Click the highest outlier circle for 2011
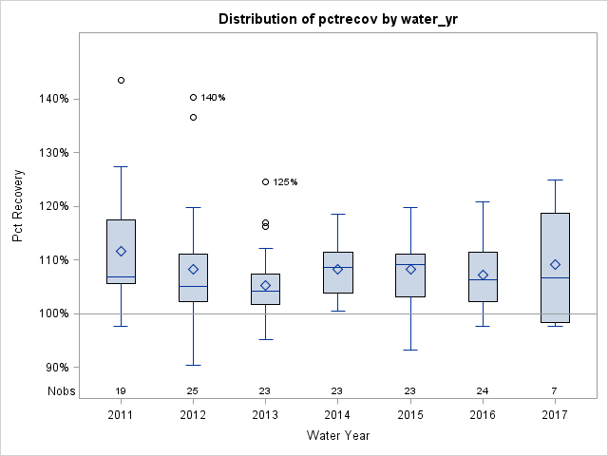pyautogui.click(x=121, y=80)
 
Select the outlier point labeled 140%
pyautogui.click(x=193, y=97)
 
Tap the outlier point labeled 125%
pyautogui.click(x=265, y=181)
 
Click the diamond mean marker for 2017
pyautogui.click(x=555, y=264)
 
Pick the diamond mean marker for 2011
pyautogui.click(x=121, y=251)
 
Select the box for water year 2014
pyautogui.click(x=337, y=273)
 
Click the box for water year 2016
pyautogui.click(x=483, y=276)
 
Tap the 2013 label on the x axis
pyautogui.click(x=265, y=416)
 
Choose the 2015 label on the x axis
pyautogui.click(x=410, y=416)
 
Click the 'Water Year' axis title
pyautogui.click(x=338, y=435)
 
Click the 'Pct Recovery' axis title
pyautogui.click(x=19, y=206)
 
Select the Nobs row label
pyautogui.click(x=58, y=390)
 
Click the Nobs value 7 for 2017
pyautogui.click(x=555, y=390)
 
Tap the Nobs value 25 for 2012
pyautogui.click(x=193, y=390)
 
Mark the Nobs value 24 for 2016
pyautogui.click(x=483, y=390)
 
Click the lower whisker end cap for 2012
pyautogui.click(x=193, y=365)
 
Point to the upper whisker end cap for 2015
pyautogui.click(x=410, y=207)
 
